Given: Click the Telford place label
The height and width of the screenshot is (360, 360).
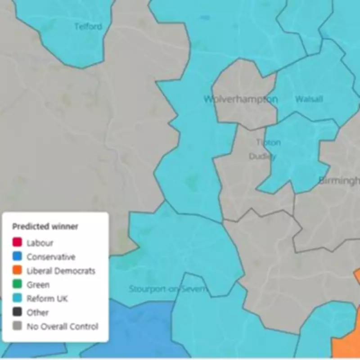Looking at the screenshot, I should click(88, 27).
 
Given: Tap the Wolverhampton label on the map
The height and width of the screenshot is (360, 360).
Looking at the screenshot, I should click(241, 99).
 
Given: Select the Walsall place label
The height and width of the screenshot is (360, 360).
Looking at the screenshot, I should click(309, 99).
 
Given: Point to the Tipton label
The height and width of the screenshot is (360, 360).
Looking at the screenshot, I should click(268, 143).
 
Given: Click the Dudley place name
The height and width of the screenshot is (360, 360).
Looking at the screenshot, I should click(263, 157).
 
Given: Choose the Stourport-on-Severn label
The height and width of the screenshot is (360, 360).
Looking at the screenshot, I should click(167, 289).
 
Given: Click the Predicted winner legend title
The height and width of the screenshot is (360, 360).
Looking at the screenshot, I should click(45, 226).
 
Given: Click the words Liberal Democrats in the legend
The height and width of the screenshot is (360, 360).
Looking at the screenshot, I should click(61, 271).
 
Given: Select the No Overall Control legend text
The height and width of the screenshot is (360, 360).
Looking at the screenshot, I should click(62, 327).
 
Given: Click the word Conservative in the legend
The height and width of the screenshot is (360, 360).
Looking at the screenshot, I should click(51, 257).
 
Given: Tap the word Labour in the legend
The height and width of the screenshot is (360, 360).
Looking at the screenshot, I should click(40, 243).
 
